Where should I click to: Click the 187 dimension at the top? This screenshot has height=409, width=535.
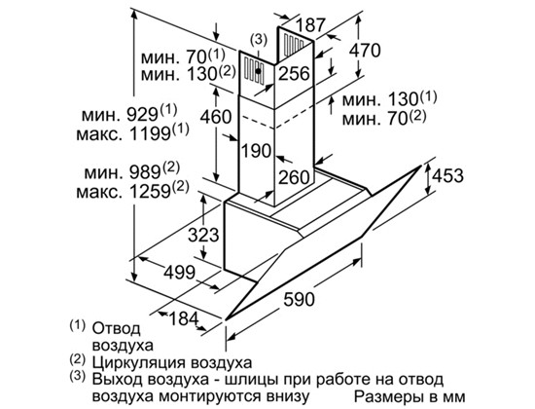(310, 24)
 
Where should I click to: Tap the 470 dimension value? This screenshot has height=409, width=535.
(365, 51)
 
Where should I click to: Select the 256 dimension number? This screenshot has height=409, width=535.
(294, 73)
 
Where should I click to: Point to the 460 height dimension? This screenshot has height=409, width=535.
(216, 117)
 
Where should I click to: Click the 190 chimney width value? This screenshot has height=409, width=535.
(257, 150)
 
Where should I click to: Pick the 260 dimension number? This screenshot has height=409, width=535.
(294, 177)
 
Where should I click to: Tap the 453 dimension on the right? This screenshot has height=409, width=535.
(447, 175)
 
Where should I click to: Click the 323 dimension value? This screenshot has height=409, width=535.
(203, 235)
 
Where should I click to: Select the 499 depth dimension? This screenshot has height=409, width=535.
(180, 273)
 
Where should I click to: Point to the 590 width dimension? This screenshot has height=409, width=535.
(300, 299)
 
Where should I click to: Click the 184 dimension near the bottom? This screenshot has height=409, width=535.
(184, 319)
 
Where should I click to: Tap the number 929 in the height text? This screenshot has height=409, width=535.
(142, 115)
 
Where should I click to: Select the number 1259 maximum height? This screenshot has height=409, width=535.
(150, 193)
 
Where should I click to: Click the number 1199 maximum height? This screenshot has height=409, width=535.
(150, 133)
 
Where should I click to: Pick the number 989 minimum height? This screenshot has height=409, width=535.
(145, 173)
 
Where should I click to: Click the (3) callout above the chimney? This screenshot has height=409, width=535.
(259, 40)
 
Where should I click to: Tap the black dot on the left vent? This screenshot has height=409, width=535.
(259, 71)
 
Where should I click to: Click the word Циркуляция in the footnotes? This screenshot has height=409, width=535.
(138, 362)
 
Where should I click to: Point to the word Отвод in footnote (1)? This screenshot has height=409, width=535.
(116, 329)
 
